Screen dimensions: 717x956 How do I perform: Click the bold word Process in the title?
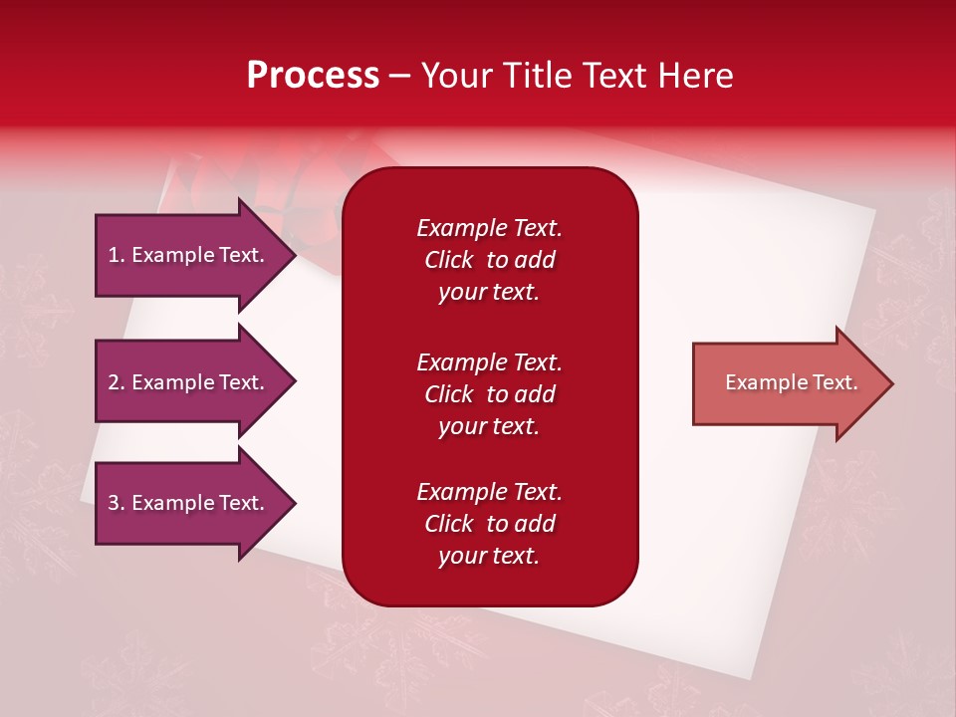(x=313, y=76)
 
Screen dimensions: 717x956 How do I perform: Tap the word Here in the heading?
(x=697, y=76)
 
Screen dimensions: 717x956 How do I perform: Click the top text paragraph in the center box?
(x=489, y=260)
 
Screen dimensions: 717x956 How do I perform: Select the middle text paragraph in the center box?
(x=489, y=394)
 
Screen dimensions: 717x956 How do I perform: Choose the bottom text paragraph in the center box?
(x=489, y=524)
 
